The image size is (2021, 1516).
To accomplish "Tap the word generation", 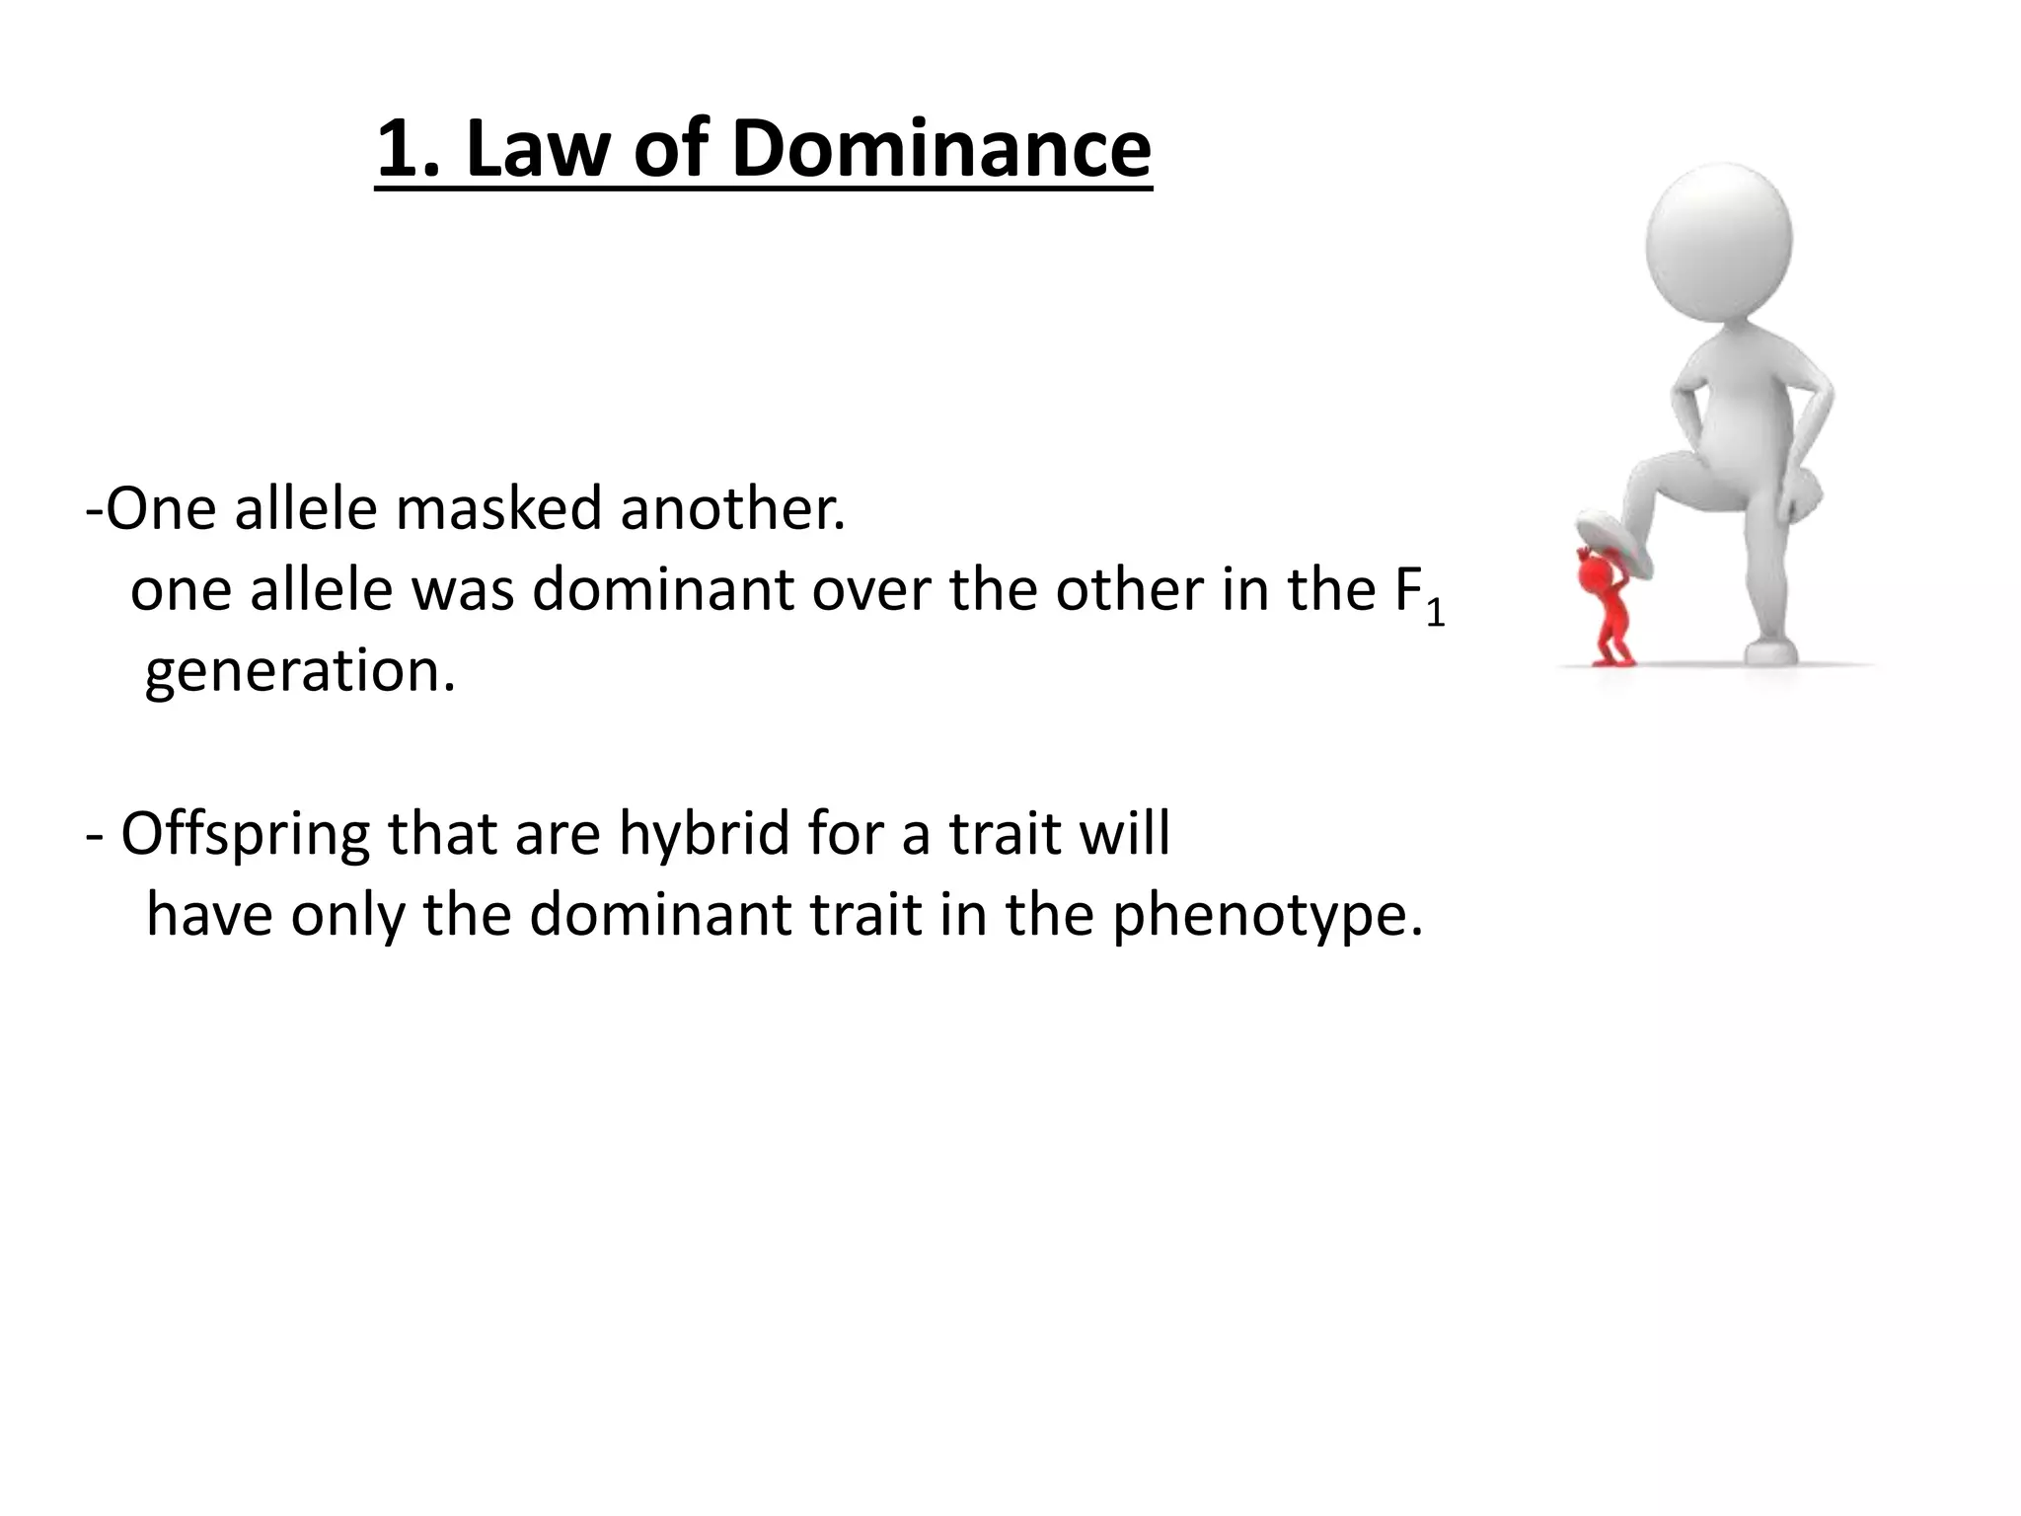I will coord(300,671).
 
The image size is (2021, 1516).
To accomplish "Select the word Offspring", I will coord(246,835).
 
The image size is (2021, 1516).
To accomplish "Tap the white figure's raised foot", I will coord(1613,544).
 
